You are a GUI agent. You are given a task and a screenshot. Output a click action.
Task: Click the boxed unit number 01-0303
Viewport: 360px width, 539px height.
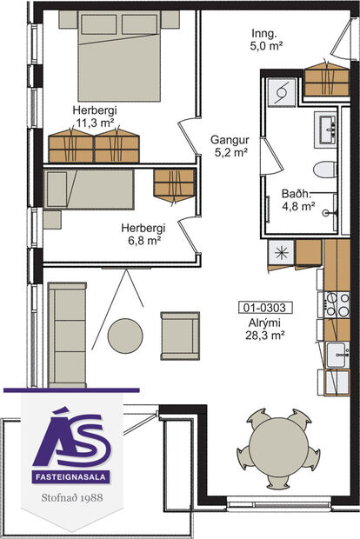coord(265,307)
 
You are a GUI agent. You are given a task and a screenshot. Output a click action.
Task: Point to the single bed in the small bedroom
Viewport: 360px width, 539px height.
coord(89,190)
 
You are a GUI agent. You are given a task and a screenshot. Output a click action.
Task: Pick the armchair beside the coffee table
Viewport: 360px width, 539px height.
coord(179,335)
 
